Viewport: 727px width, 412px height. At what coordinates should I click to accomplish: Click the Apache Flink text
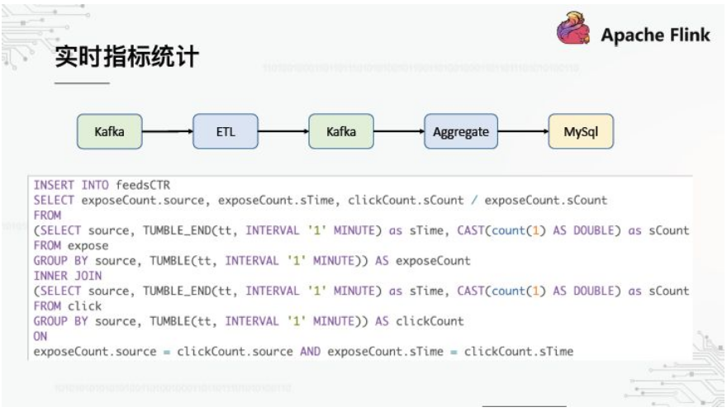point(655,35)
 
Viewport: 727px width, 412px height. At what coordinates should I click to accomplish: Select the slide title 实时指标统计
point(126,56)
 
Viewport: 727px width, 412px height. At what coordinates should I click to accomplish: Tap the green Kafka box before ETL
point(109,131)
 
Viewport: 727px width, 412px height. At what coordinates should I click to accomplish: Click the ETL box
point(226,131)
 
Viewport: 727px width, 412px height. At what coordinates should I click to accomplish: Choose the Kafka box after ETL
point(341,131)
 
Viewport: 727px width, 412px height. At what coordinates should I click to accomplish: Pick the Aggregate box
point(461,131)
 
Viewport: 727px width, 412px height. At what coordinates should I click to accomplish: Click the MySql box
point(581,131)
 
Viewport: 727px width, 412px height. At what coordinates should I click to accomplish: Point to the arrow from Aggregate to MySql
point(523,131)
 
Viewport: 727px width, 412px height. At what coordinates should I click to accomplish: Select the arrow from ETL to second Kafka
point(283,131)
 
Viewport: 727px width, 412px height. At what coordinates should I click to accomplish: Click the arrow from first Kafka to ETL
point(167,131)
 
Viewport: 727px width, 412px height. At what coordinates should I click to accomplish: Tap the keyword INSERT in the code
point(54,185)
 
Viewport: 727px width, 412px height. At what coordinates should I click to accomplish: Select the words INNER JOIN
point(68,276)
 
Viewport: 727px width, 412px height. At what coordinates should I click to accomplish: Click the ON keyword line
point(40,336)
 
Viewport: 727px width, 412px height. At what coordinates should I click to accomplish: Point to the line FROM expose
point(71,245)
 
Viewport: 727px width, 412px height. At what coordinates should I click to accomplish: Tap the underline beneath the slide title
point(82,83)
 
